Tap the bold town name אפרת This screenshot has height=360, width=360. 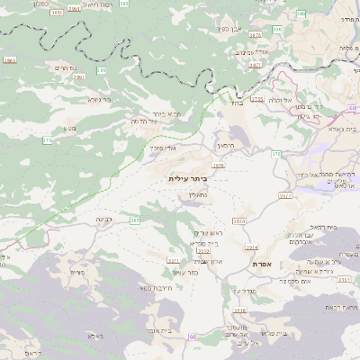pos(275,263)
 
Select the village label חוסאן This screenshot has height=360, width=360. pos(226,145)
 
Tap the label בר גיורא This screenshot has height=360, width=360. pos(99,100)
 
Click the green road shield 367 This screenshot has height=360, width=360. pos(135,220)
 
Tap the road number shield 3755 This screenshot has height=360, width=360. pos(257,99)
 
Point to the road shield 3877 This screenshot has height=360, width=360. pos(256,65)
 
